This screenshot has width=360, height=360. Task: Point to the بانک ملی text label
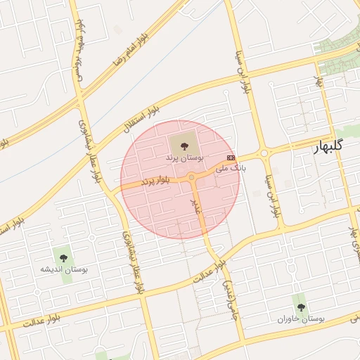pyautogui.click(x=212, y=168)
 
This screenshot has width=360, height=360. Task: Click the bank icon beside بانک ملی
pyautogui.click(x=231, y=157)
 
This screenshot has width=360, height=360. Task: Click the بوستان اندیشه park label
pyautogui.click(x=63, y=270)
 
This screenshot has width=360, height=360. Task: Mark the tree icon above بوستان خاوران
pyautogui.click(x=301, y=307)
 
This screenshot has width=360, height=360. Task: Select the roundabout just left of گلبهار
pyautogui.click(x=264, y=153)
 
